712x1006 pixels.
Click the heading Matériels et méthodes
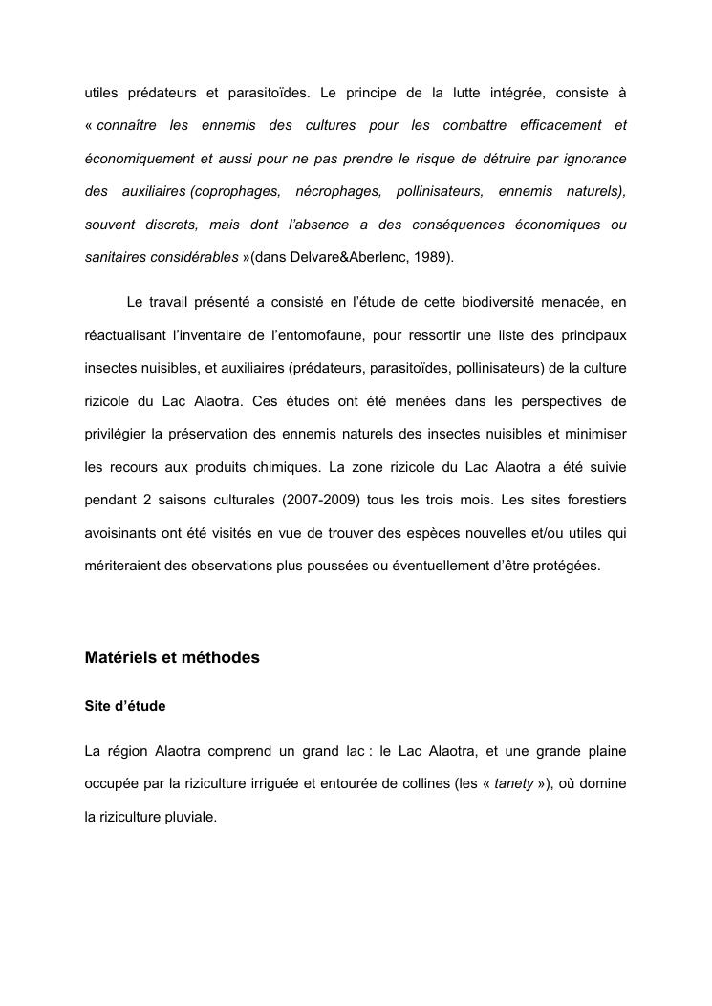[172, 658]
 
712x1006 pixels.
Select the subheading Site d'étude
[125, 706]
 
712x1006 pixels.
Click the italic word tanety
[513, 784]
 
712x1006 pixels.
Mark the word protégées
[564, 566]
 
